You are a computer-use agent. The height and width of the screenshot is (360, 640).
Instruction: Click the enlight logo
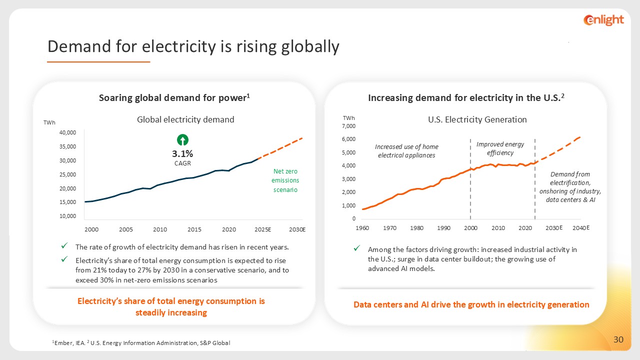click(x=603, y=20)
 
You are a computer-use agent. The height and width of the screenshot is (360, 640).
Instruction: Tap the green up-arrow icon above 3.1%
click(x=183, y=140)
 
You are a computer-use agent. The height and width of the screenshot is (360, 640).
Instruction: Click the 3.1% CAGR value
click(x=183, y=154)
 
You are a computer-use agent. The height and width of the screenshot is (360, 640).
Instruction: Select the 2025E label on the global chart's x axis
click(x=262, y=229)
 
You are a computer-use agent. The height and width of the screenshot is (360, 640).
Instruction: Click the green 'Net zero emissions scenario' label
click(x=285, y=180)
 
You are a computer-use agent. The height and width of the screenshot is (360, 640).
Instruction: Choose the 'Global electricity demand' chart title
click(x=185, y=119)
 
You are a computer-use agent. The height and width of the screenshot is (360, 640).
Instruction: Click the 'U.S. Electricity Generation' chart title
click(x=477, y=119)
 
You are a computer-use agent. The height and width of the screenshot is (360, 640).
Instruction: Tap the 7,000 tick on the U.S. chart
click(x=348, y=126)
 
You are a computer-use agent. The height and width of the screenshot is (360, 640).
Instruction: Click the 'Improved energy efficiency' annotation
click(x=500, y=148)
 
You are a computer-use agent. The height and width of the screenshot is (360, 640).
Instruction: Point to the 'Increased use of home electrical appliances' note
click(x=406, y=151)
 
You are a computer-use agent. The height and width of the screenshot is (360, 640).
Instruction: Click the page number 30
click(x=618, y=340)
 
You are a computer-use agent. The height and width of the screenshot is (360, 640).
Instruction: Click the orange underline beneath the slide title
click(x=98, y=62)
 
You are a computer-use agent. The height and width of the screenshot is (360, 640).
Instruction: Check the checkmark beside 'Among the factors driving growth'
click(x=357, y=248)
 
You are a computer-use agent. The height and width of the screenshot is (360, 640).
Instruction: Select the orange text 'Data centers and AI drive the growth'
click(x=471, y=304)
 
